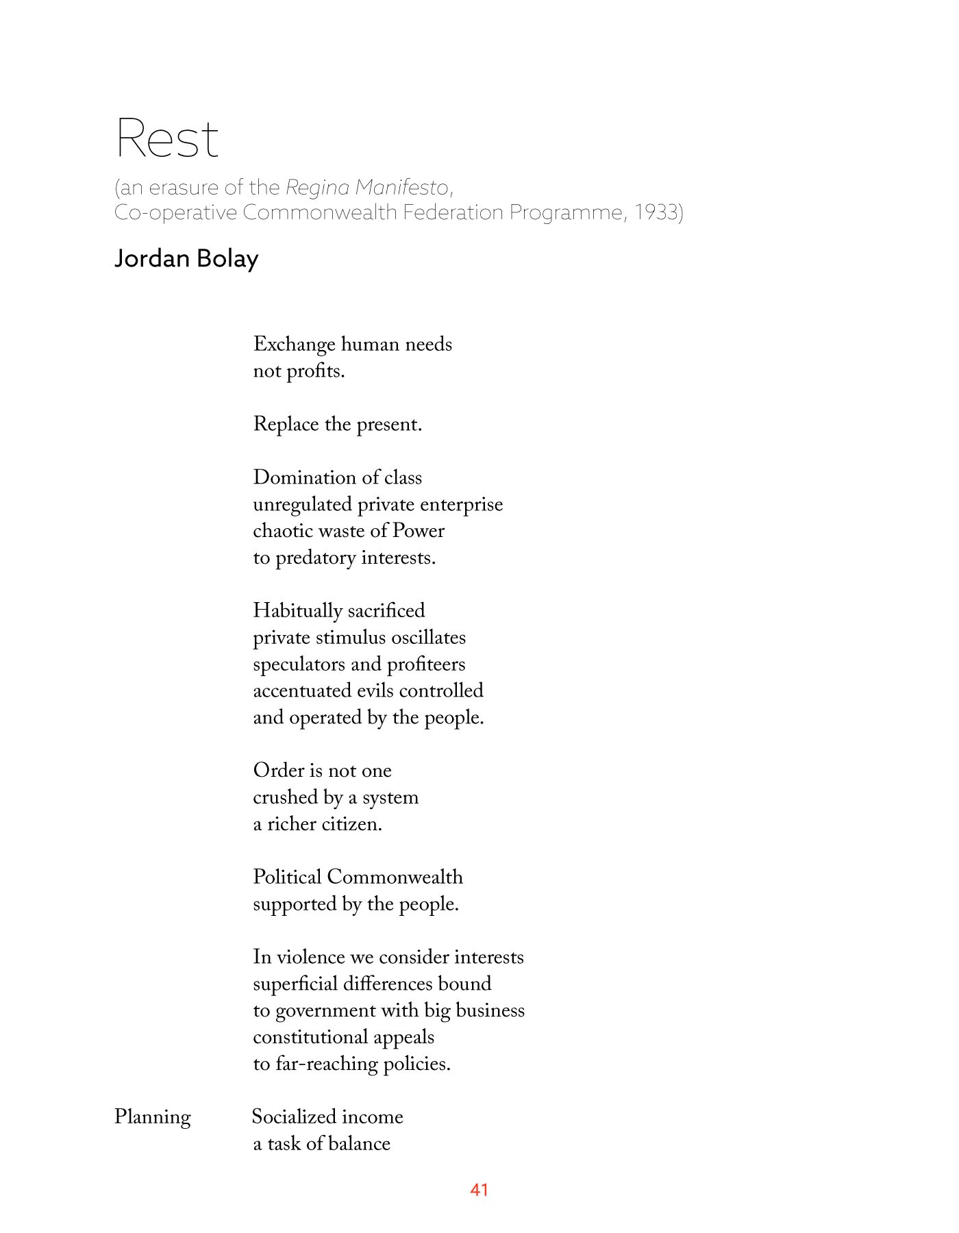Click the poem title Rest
167,138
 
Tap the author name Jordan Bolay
186,259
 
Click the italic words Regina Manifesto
367,187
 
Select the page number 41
479,1190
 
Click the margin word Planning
152,1117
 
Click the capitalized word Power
419,531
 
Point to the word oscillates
428,638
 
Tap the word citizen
351,824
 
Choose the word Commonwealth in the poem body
395,877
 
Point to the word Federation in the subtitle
453,212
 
